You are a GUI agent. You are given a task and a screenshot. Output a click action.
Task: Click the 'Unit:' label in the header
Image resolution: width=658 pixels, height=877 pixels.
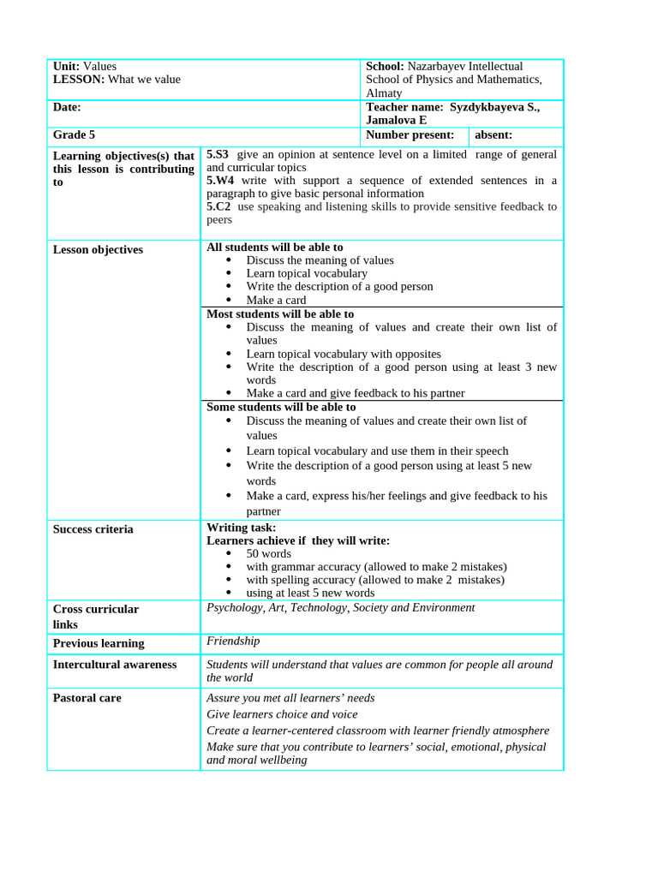tap(67, 66)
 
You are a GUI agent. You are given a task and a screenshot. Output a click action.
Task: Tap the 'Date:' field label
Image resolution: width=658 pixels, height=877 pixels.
tap(67, 107)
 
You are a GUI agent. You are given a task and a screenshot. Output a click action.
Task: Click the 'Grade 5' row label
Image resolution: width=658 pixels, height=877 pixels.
tap(74, 134)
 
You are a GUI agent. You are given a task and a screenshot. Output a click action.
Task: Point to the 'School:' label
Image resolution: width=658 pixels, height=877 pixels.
tap(385, 66)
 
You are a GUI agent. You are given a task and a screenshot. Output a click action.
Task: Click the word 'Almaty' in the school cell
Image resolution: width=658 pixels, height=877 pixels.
tap(385, 92)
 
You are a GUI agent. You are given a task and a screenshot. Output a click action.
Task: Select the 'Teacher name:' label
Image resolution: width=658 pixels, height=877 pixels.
tap(404, 107)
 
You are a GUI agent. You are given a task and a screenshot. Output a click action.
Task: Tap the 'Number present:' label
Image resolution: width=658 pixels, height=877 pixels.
tap(410, 134)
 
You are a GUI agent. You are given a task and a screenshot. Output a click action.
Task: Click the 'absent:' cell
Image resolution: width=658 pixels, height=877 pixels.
tap(493, 134)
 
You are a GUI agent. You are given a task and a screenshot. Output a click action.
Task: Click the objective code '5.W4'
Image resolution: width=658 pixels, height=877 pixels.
tap(220, 181)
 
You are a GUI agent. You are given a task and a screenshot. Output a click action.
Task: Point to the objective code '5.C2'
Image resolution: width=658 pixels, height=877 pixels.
tap(218, 206)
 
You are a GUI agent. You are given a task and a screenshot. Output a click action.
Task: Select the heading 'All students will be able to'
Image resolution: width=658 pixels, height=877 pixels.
tap(274, 247)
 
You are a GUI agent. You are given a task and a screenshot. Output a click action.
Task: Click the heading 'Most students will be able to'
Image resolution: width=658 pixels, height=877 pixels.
tap(279, 313)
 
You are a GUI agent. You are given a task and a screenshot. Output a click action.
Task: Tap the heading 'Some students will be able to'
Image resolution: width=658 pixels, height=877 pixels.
tap(281, 407)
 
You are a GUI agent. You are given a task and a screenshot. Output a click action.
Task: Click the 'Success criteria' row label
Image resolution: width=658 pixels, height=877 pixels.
tap(93, 529)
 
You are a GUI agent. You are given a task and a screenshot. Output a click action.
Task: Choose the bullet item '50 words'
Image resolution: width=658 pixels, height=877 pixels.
tap(268, 553)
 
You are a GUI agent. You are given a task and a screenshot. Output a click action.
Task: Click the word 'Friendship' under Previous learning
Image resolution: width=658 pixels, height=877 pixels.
tap(233, 641)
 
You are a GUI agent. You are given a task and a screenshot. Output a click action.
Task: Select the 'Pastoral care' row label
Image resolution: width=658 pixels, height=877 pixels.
tap(87, 698)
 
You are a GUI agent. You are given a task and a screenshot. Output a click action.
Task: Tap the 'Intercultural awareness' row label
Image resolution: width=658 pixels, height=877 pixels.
tap(115, 665)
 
